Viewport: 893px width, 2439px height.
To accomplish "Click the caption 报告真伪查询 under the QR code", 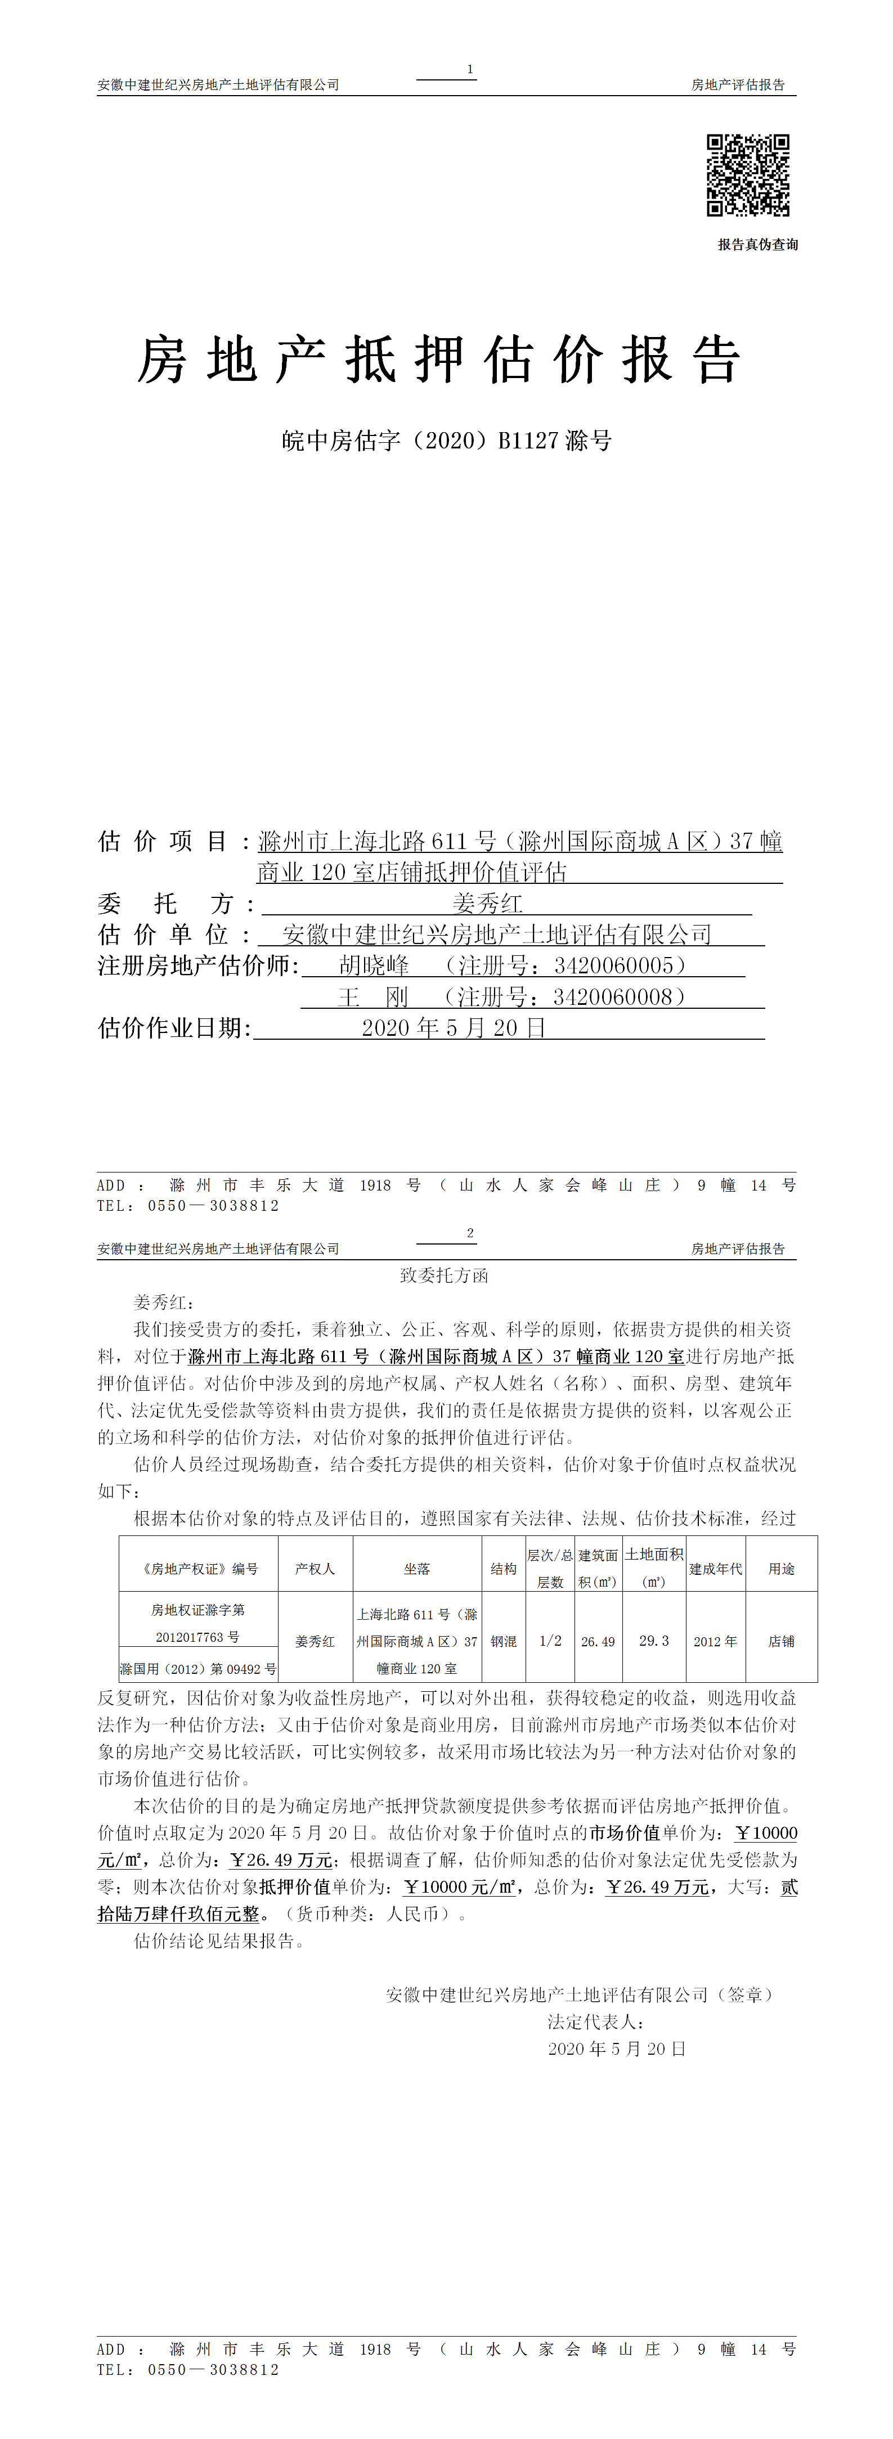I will (757, 244).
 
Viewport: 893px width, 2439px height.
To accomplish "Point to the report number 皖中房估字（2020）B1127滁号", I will (446, 441).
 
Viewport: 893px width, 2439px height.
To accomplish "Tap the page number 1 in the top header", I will (470, 69).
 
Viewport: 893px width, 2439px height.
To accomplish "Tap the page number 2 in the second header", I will (470, 1233).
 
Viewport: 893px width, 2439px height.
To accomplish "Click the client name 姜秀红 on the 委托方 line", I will (488, 903).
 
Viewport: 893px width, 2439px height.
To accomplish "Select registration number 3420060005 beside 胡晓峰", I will (614, 965).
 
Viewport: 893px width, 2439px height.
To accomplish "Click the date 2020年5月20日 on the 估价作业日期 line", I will (454, 1028).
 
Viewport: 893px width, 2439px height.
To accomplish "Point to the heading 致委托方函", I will (444, 1275).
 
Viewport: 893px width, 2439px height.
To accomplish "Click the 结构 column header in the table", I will (504, 1569).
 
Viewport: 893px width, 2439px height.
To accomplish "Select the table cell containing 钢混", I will (504, 1641).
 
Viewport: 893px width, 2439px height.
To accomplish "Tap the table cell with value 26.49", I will (598, 1641).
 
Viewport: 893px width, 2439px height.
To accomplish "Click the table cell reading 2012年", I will (715, 1641).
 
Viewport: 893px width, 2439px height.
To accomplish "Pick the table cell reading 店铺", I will (781, 1641).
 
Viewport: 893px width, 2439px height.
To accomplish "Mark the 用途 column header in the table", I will (781, 1569).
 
